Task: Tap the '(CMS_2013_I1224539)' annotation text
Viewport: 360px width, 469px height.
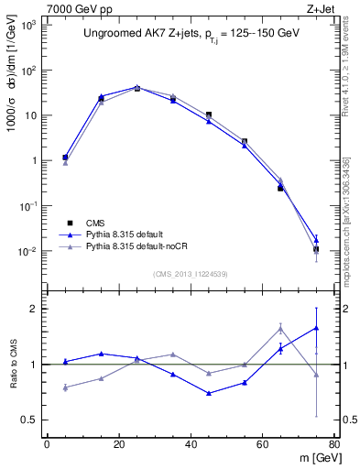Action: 191,274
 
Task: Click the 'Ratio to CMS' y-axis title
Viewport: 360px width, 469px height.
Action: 13,365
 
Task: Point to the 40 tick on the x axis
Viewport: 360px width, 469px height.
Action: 191,444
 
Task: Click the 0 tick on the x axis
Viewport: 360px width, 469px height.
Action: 47,444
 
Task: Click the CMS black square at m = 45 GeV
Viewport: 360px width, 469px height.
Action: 209,115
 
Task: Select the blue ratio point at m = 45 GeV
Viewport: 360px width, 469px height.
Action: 209,393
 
